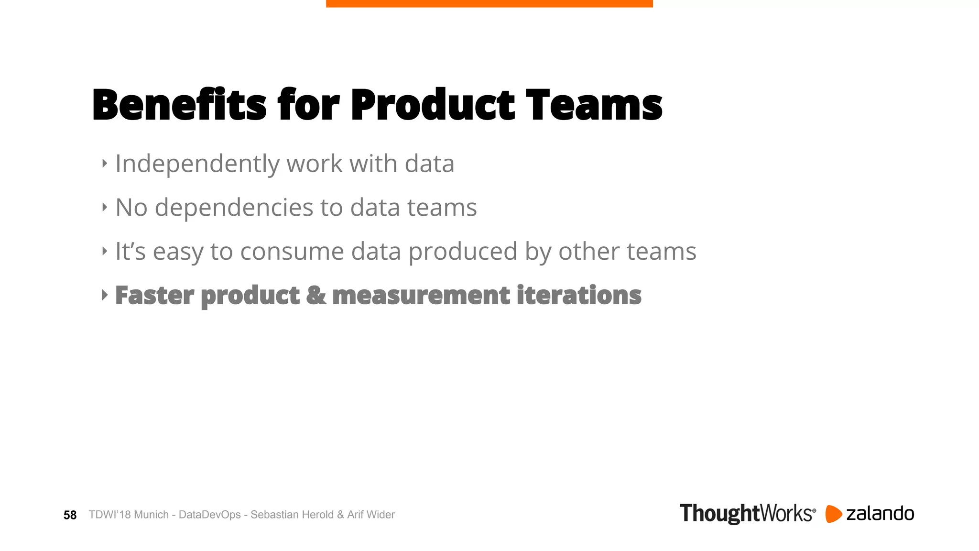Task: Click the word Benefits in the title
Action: (179, 105)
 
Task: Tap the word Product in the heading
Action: (433, 105)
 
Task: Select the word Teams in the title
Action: (594, 105)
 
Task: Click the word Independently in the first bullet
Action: (197, 164)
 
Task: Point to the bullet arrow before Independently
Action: (105, 164)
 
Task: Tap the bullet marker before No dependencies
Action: (105, 207)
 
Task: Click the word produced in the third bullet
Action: (463, 252)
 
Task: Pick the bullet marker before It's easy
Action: (105, 251)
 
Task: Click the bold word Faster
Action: (154, 295)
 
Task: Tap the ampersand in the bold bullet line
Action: (315, 295)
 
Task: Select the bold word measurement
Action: (421, 295)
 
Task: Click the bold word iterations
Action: (579, 295)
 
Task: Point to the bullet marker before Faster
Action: (105, 295)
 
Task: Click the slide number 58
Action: (70, 515)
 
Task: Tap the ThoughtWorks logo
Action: (747, 514)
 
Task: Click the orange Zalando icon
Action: (833, 514)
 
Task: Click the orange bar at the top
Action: (489, 3)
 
